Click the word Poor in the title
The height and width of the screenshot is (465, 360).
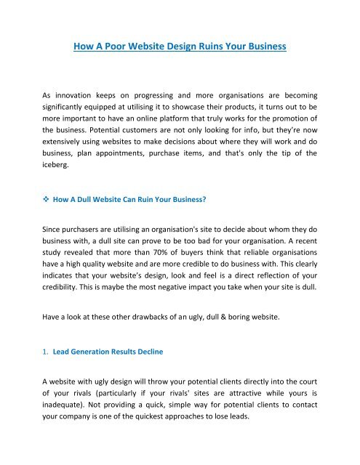pyautogui.click(x=124, y=48)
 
